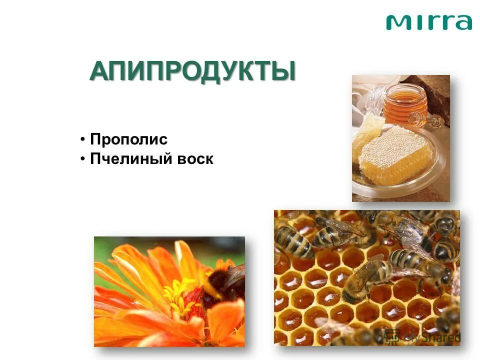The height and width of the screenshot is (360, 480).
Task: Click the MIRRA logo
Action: pos(428,22)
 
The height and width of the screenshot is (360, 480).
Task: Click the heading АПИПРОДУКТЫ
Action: pos(192,71)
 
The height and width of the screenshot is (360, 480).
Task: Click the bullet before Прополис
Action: pos(83,139)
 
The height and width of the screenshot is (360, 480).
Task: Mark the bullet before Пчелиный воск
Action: pos(83,159)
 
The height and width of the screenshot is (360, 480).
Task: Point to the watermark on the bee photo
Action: pos(427,336)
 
